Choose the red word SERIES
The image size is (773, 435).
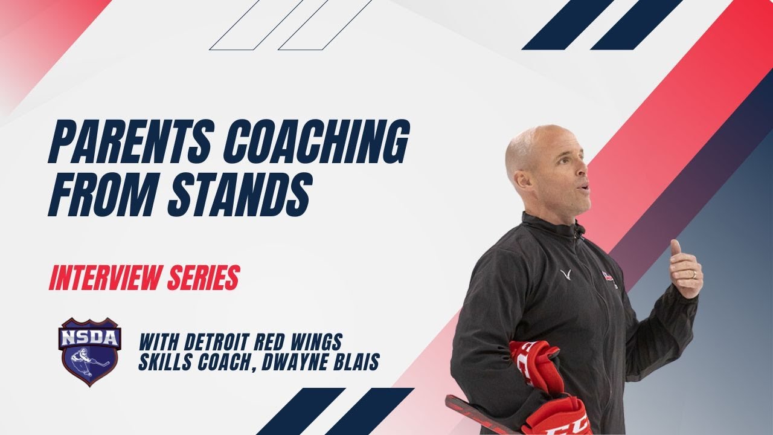205,278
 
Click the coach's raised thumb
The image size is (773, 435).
675,247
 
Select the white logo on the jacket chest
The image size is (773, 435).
565,275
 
